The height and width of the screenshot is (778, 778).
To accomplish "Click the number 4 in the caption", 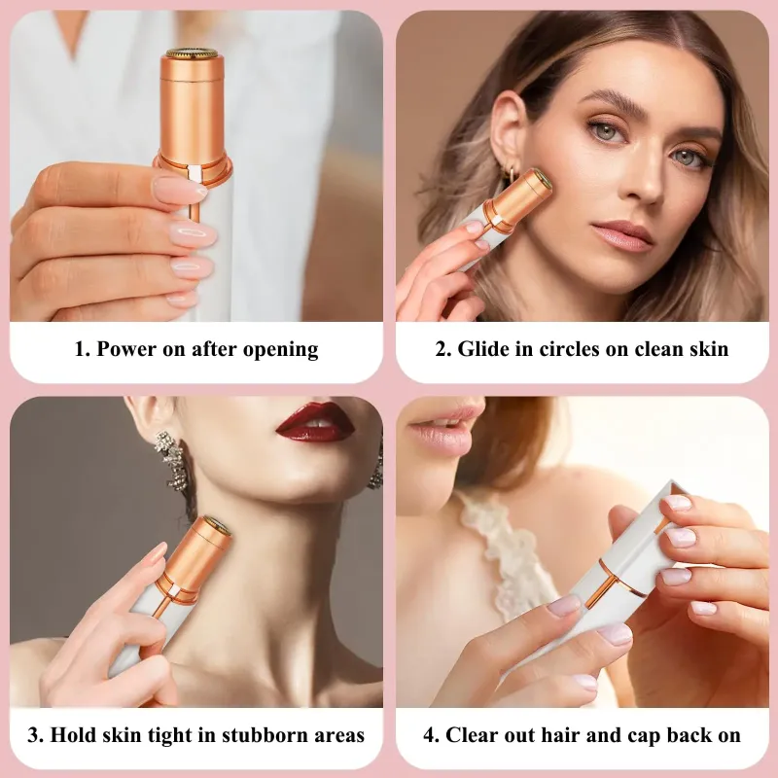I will tap(428, 735).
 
